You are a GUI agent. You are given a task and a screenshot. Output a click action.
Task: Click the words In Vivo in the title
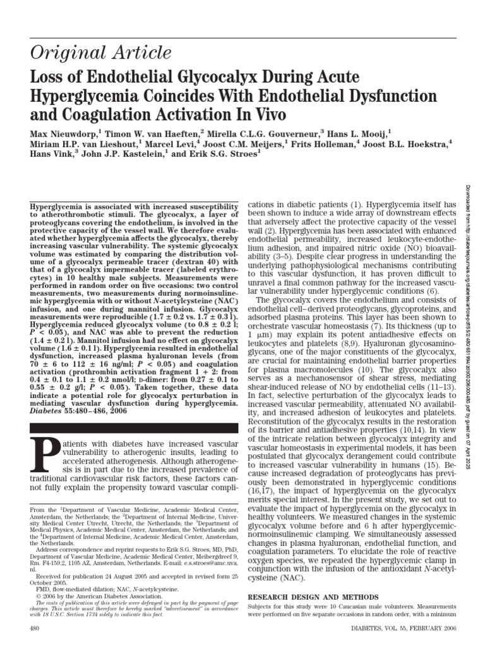[x=244, y=115]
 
